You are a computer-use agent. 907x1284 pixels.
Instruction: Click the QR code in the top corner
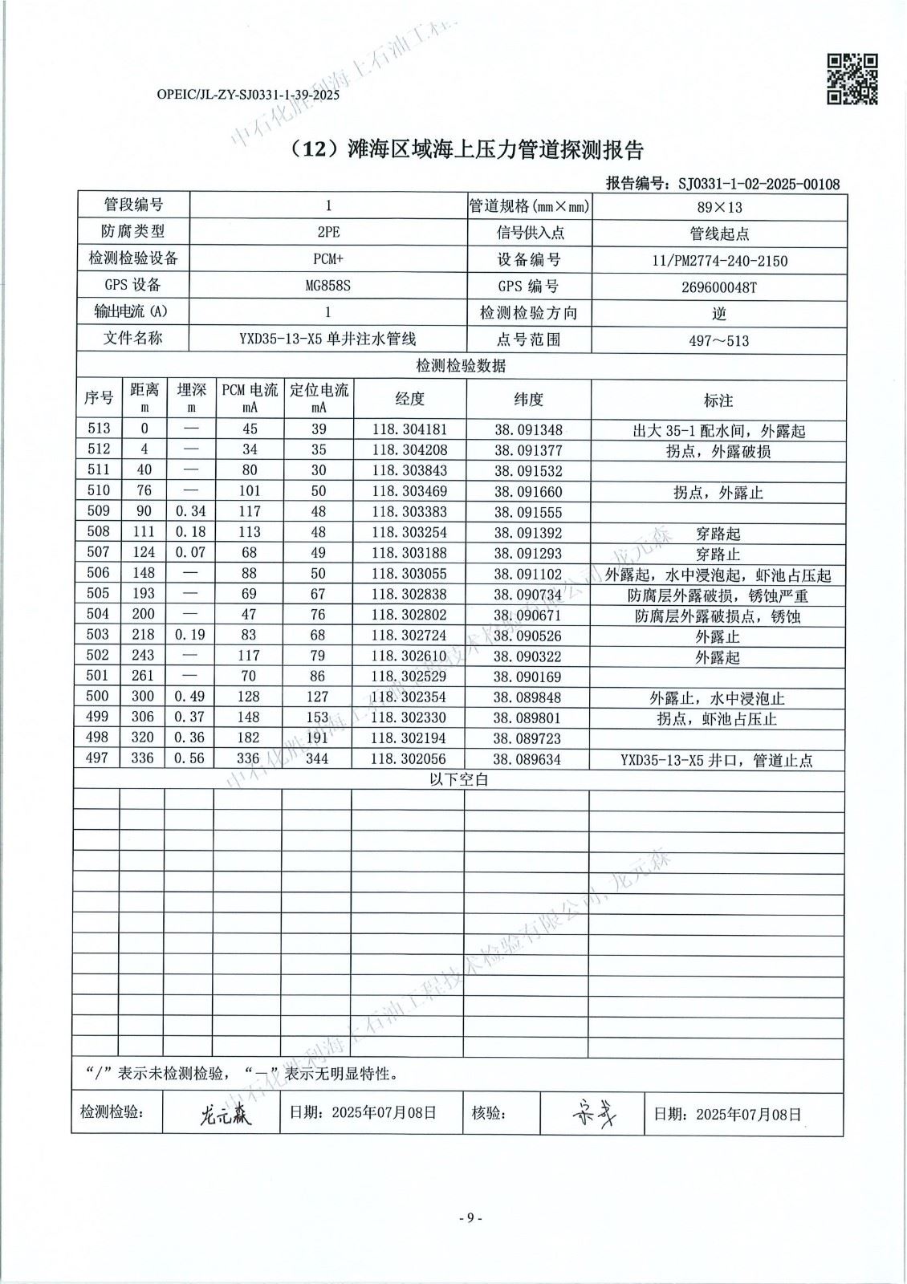(852, 79)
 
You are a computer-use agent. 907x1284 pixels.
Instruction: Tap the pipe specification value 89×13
(719, 207)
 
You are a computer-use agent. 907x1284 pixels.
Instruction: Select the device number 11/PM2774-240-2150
(719, 260)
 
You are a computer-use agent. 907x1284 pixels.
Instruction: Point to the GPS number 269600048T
(719, 286)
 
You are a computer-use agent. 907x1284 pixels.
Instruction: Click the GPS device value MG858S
(327, 286)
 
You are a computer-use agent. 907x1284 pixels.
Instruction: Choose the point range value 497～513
(719, 340)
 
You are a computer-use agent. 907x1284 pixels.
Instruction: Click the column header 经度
(409, 399)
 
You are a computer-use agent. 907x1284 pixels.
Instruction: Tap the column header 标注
(718, 400)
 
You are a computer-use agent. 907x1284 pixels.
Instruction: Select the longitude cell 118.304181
(409, 430)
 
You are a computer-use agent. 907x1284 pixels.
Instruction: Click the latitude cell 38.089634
(527, 759)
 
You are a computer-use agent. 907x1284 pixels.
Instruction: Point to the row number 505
(97, 594)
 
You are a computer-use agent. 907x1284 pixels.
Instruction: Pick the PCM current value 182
(249, 737)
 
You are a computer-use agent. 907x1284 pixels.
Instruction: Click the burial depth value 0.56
(189, 758)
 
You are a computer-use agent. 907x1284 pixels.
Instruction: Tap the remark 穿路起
(718, 533)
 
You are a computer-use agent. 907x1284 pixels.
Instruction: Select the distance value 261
(143, 676)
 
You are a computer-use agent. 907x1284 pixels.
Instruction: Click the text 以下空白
(459, 779)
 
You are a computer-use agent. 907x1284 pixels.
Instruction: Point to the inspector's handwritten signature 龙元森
(225, 1115)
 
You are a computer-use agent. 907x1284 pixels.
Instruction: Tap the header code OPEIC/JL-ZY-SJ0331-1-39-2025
(249, 95)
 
